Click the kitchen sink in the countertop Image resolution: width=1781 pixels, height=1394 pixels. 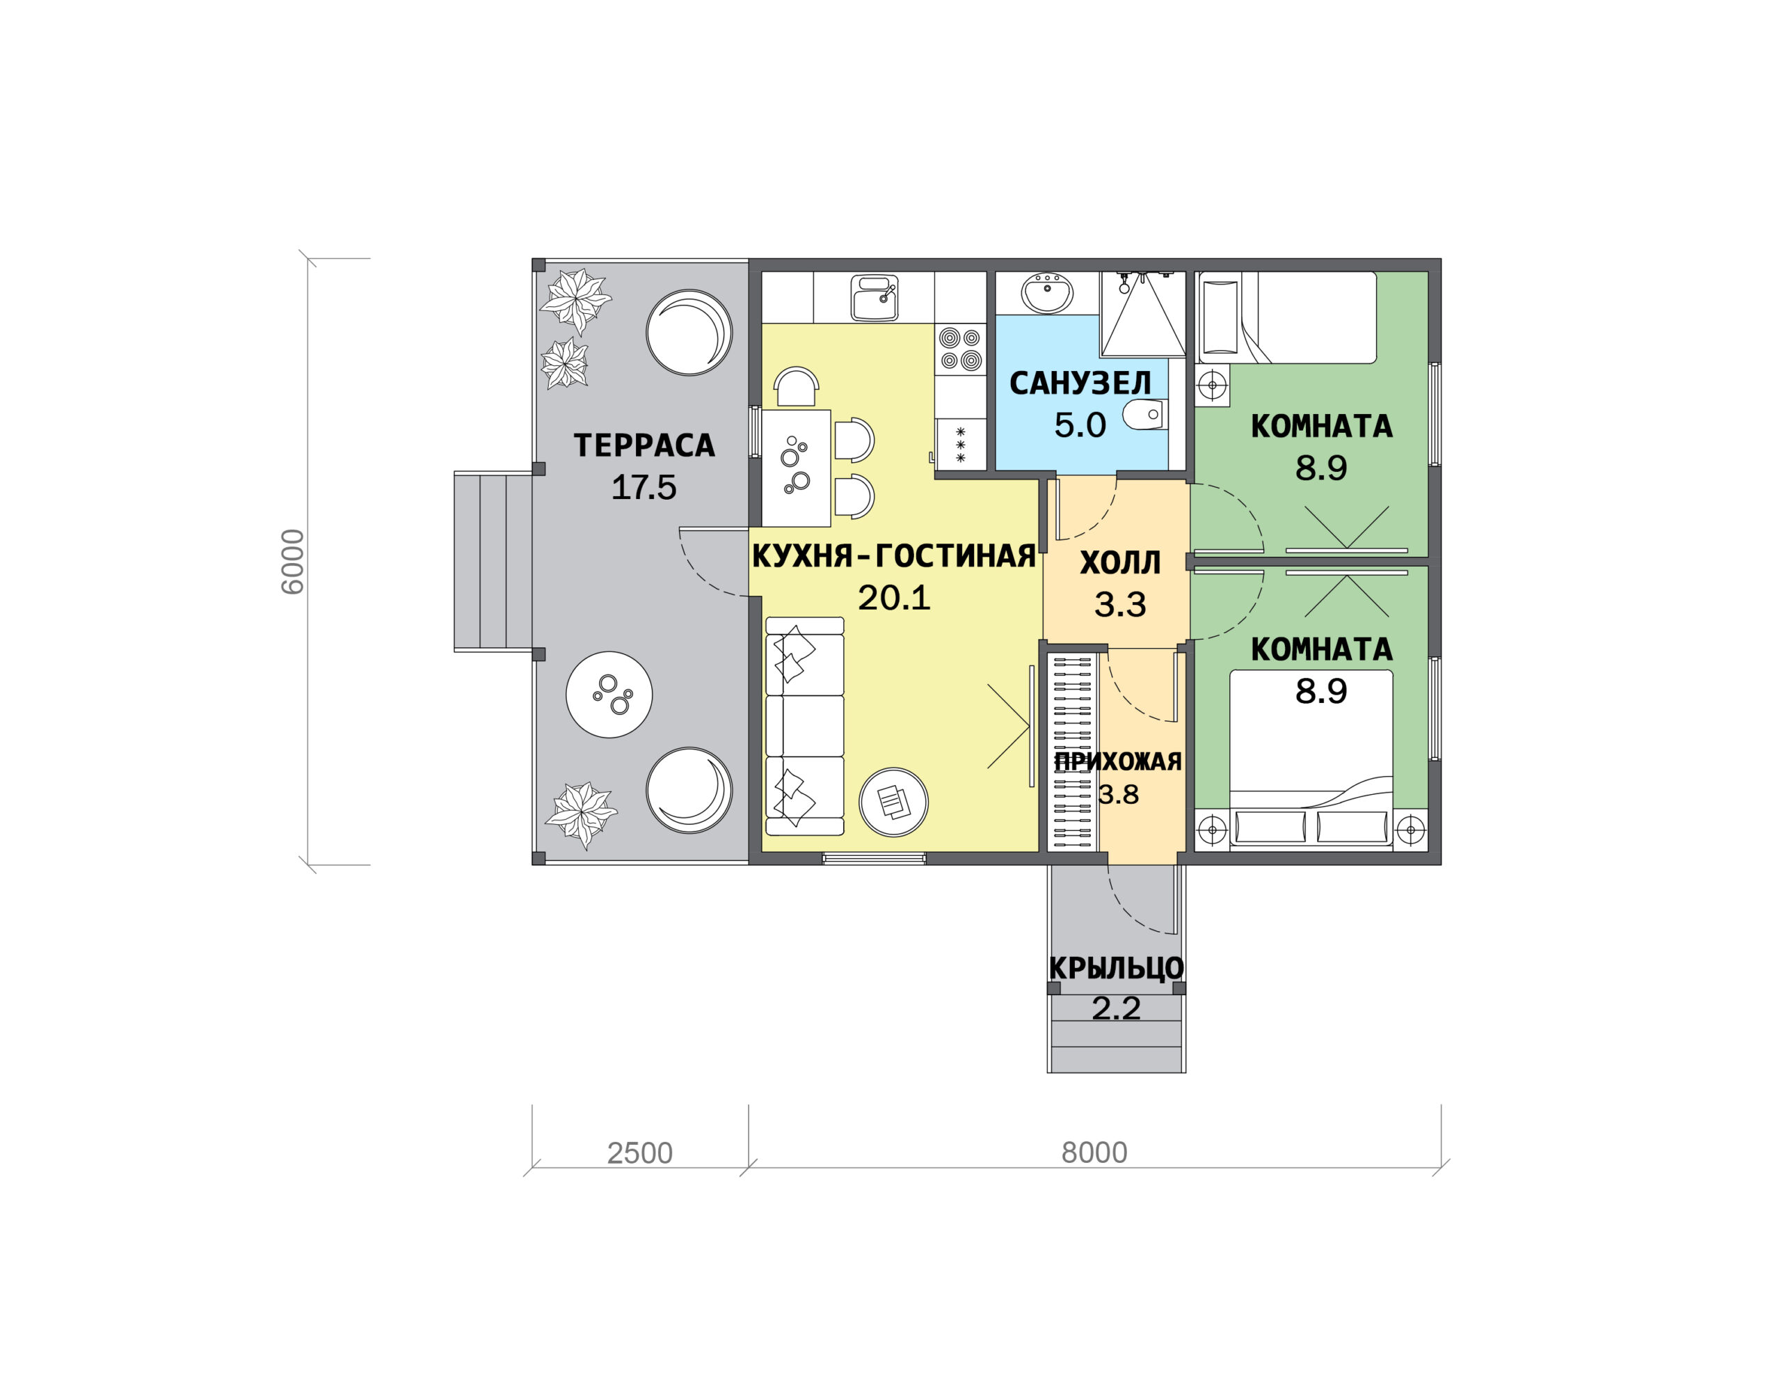[874, 298]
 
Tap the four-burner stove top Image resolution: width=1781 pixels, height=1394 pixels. [960, 349]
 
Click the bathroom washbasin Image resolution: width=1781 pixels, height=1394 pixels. [1048, 293]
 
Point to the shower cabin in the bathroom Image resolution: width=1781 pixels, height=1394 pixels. [1142, 314]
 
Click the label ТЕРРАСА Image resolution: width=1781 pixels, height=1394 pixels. [644, 445]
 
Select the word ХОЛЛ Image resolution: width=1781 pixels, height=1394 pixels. [1120, 563]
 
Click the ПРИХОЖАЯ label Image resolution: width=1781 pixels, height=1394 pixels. [1118, 761]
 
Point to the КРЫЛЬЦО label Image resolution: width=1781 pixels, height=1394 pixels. [1116, 968]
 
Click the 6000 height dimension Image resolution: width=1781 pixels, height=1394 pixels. [292, 562]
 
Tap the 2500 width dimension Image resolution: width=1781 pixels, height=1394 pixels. [639, 1153]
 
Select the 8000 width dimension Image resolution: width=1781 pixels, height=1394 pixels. [1094, 1153]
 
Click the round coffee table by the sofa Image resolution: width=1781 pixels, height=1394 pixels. [893, 802]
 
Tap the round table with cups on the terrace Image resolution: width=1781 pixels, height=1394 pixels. [609, 695]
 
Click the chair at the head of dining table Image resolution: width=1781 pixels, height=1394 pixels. [795, 387]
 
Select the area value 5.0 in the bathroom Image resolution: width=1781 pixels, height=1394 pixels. [1080, 425]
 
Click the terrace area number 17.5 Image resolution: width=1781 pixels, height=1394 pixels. [644, 487]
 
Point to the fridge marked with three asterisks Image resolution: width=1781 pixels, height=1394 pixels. [960, 445]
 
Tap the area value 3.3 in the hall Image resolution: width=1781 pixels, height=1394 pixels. [1120, 605]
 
